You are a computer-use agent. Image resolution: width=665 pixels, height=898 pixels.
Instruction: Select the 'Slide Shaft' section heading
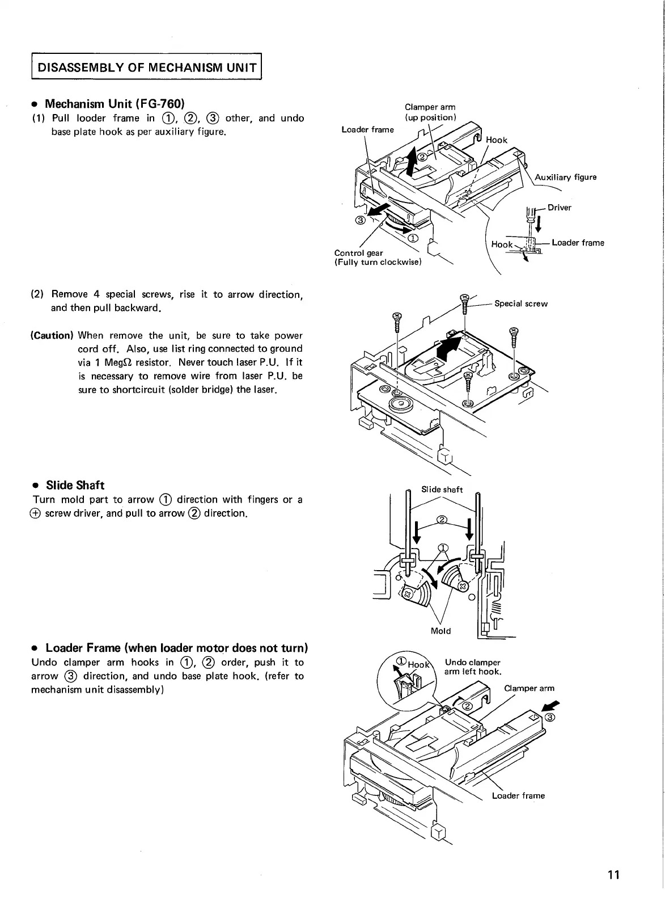pyautogui.click(x=75, y=485)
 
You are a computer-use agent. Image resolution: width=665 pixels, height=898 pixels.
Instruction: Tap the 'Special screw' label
pyautogui.click(x=521, y=303)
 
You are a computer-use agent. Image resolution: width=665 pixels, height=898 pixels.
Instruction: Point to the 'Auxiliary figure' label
pyautogui.click(x=565, y=177)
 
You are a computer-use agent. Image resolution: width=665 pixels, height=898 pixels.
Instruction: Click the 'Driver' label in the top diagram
pyautogui.click(x=560, y=207)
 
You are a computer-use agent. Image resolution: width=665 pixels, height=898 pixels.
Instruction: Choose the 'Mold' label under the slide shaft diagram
pyautogui.click(x=441, y=630)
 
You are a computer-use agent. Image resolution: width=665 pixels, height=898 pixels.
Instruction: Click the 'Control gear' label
pyautogui.click(x=358, y=252)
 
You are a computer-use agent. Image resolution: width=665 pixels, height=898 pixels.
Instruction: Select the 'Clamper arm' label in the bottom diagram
pyautogui.click(x=529, y=688)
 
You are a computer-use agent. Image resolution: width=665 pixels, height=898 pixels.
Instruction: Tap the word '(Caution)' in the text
pyautogui.click(x=52, y=335)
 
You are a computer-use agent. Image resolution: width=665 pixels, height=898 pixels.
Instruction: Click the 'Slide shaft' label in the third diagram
pyautogui.click(x=442, y=489)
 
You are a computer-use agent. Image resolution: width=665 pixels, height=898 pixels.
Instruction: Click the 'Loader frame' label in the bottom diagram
pyautogui.click(x=518, y=795)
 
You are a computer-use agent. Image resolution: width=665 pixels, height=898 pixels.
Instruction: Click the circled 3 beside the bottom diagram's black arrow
pyautogui.click(x=549, y=718)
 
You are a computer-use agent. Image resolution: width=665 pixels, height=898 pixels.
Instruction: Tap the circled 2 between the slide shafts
pyautogui.click(x=442, y=520)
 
